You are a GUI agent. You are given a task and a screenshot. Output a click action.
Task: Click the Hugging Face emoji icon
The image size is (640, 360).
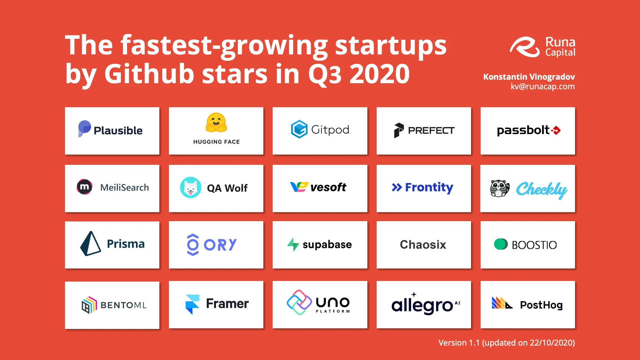[216, 123]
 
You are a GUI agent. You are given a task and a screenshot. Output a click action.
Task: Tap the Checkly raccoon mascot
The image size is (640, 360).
[500, 188]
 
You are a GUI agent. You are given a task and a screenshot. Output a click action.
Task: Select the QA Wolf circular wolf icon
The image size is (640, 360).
[191, 188]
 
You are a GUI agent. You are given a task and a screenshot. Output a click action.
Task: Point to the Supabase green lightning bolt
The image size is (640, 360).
[293, 244]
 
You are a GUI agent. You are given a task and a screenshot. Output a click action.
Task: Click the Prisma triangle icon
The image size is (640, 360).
[90, 244]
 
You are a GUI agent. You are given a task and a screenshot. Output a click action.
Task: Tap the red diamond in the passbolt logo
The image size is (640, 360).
[556, 130]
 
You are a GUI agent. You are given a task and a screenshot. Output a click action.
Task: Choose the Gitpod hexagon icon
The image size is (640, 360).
[299, 129]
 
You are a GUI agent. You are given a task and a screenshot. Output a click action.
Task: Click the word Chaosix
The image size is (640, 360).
[423, 244]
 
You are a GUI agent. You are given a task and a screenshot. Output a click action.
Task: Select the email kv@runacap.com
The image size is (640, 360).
[543, 86]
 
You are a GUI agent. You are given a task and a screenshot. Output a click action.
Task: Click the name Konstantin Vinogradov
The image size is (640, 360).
[529, 77]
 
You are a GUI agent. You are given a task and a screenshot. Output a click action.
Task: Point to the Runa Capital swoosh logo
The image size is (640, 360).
[525, 47]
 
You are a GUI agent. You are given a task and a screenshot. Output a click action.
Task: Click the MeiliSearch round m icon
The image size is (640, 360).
[84, 187]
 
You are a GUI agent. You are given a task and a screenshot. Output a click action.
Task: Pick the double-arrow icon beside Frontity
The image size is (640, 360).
[397, 188]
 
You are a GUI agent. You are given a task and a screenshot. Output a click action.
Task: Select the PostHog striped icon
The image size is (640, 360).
[502, 303]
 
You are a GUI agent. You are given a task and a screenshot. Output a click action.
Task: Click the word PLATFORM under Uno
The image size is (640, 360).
[333, 311]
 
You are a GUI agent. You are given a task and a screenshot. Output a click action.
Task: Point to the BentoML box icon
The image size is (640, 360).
[89, 305]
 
